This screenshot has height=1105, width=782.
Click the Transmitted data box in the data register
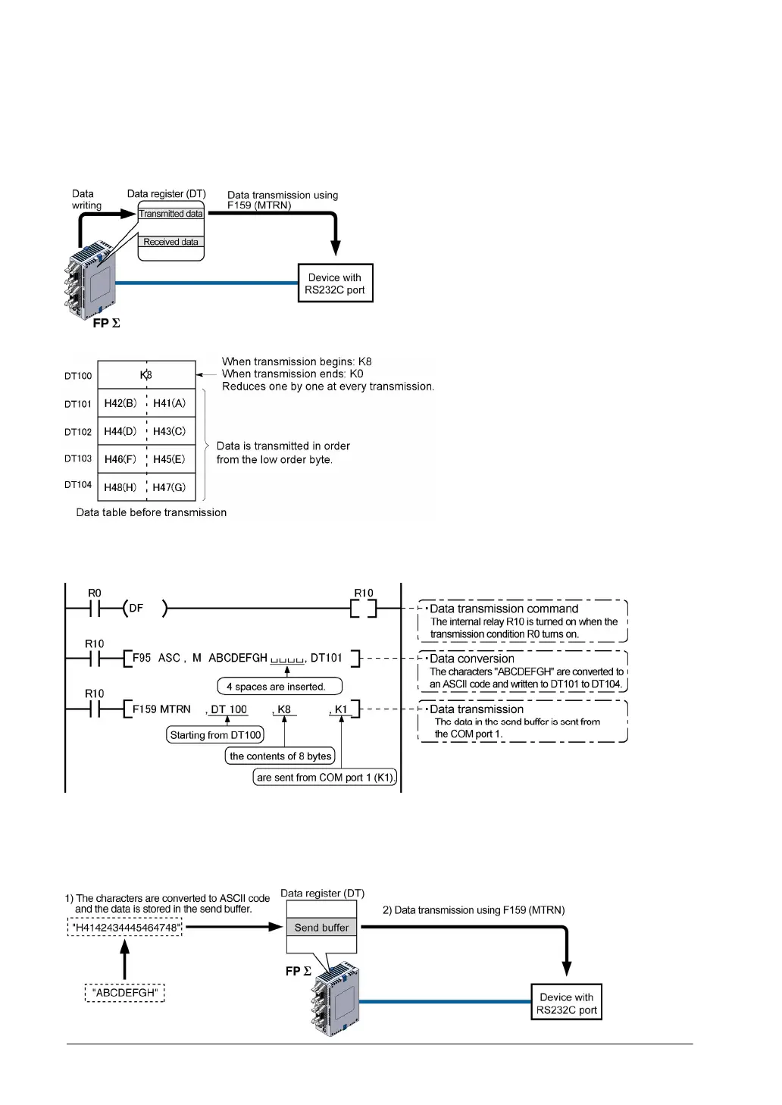[170, 214]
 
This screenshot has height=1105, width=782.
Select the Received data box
[170, 242]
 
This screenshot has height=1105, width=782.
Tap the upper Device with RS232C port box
[335, 283]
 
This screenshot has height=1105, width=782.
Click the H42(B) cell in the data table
[121, 403]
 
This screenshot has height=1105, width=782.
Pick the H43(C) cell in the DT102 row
[170, 431]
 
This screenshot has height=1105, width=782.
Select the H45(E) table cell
[170, 459]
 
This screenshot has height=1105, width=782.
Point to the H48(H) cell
[121, 487]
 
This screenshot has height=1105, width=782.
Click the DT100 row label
[78, 376]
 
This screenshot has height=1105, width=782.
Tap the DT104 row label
[78, 485]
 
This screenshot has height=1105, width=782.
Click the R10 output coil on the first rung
[364, 608]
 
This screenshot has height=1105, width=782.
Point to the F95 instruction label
[142, 658]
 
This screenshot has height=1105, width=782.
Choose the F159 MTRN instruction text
[161, 709]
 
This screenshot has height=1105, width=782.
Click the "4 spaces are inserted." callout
[280, 687]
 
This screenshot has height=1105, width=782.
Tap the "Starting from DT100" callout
[215, 735]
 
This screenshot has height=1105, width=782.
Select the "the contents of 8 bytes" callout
[280, 756]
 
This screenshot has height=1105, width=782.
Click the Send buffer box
[321, 928]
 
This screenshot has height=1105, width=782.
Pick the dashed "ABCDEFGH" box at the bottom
[125, 993]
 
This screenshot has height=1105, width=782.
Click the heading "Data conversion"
[471, 659]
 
